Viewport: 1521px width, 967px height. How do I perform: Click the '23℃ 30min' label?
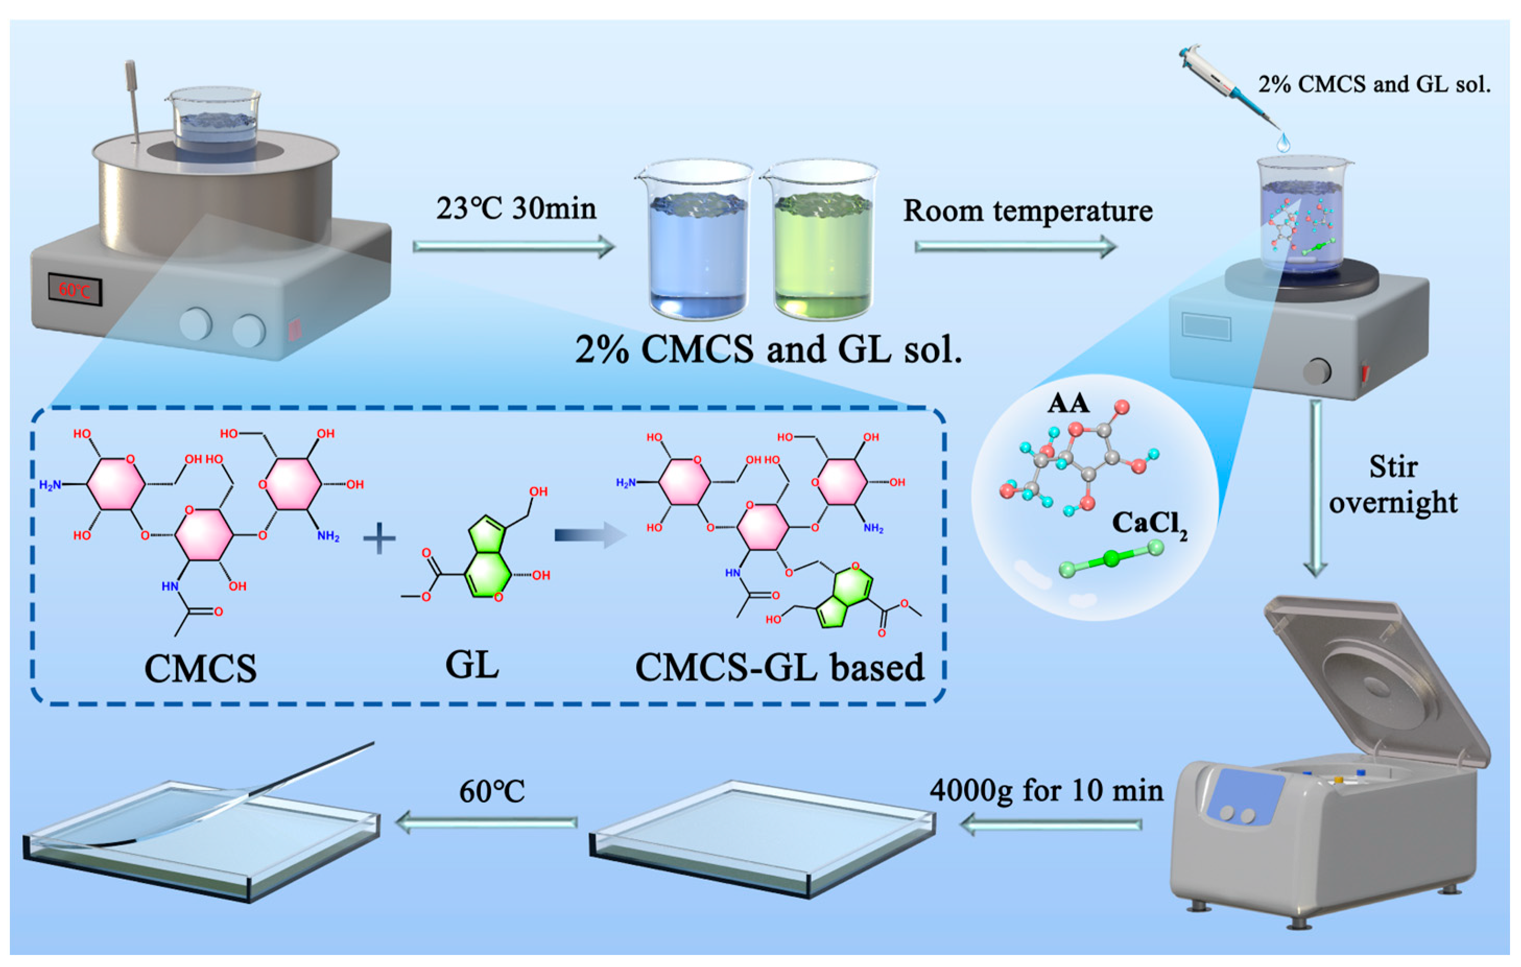[516, 208]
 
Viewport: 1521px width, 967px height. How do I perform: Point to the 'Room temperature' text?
[1028, 210]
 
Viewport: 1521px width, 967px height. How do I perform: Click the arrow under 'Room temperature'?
[1015, 246]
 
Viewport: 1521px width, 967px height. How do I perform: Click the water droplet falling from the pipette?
[1283, 142]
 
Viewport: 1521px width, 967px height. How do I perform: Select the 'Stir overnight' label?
[1393, 484]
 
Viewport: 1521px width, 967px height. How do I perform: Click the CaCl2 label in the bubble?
[1149, 524]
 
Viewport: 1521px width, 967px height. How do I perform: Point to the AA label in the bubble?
[1068, 403]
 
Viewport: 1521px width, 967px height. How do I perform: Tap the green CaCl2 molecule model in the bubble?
[1111, 558]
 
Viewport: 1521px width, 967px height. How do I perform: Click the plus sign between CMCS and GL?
[379, 540]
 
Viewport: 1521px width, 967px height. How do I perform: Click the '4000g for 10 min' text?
[1046, 790]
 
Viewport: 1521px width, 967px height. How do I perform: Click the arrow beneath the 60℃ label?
[486, 822]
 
